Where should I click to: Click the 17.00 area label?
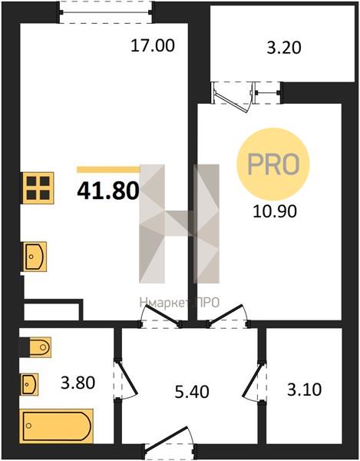coord(153,46)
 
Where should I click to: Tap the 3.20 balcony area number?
coord(284,48)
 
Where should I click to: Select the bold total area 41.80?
coord(108,191)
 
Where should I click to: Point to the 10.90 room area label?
coord(275,211)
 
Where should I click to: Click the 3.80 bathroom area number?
coord(78,383)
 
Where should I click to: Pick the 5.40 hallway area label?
coord(192,392)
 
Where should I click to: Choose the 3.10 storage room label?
coord(304,390)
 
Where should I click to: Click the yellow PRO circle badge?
coord(273,164)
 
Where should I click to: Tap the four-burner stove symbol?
coord(38,188)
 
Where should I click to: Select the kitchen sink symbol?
coord(35,257)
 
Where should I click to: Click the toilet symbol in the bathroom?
coord(40,347)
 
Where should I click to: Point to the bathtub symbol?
coord(56,426)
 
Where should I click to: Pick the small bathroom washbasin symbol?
coord(29,384)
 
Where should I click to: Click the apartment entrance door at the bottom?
coord(170,443)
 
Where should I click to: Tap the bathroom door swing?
coord(125,379)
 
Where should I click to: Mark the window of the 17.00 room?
coord(106,12)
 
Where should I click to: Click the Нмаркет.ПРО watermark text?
coord(180,303)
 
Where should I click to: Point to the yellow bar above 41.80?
coord(109,170)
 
